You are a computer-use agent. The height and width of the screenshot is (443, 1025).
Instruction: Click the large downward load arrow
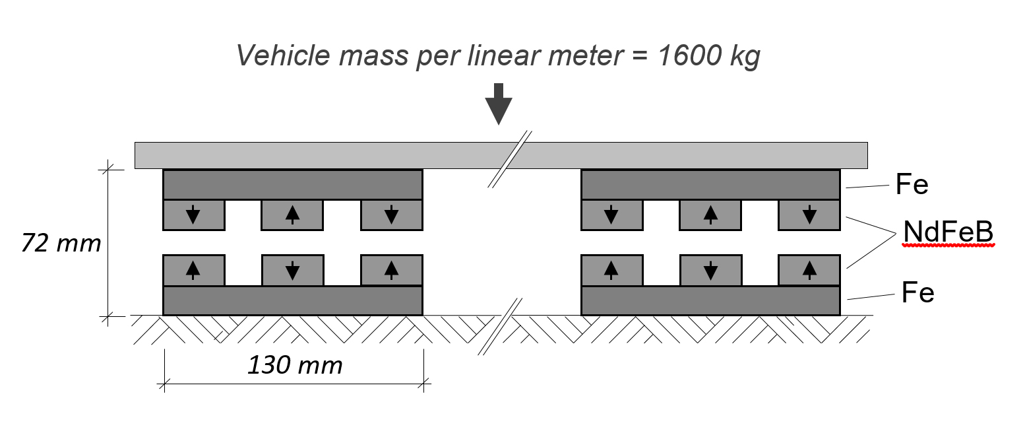point(499,104)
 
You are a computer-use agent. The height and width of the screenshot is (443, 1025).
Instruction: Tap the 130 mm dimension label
point(295,364)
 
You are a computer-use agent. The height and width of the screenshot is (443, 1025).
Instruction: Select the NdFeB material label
point(948,232)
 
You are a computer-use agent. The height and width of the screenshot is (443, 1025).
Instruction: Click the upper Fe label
point(912,186)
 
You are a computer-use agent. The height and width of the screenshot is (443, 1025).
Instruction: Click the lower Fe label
point(917,292)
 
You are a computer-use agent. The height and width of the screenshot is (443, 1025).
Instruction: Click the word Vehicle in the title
point(285,57)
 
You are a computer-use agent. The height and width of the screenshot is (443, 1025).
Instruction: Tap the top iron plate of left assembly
point(292,185)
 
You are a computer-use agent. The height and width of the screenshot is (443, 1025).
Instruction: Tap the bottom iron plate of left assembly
point(292,300)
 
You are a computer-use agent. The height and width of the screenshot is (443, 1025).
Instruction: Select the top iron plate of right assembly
point(710,185)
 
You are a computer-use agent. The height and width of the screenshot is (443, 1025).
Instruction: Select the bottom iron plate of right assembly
point(710,300)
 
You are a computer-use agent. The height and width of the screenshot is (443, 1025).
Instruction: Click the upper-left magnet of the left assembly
point(193,215)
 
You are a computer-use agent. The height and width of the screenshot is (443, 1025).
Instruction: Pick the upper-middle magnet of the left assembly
point(292,215)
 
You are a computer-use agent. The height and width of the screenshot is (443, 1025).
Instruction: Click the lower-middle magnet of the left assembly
point(292,270)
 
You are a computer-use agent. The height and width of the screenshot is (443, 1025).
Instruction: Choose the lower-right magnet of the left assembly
point(391,270)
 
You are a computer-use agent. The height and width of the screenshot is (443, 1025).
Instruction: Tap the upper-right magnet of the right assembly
point(809,215)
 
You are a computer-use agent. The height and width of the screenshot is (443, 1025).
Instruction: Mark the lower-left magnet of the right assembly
point(611,270)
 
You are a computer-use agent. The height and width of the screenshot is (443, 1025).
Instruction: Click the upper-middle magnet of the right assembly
point(710,215)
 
